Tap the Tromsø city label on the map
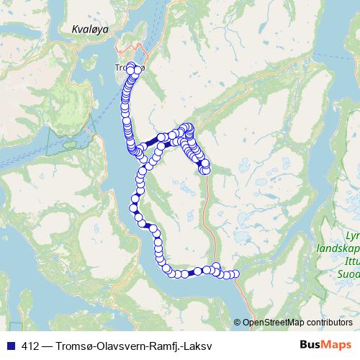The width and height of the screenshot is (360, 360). [129, 68]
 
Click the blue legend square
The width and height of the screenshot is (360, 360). [10, 344]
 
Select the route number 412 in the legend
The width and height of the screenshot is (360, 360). [31, 344]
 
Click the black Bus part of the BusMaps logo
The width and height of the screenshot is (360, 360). [312, 343]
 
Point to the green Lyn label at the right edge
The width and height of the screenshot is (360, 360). [352, 235]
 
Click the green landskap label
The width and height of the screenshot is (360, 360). [338, 248]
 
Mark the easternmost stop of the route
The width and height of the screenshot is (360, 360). [234, 274]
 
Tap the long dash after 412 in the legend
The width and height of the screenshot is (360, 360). [47, 344]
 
